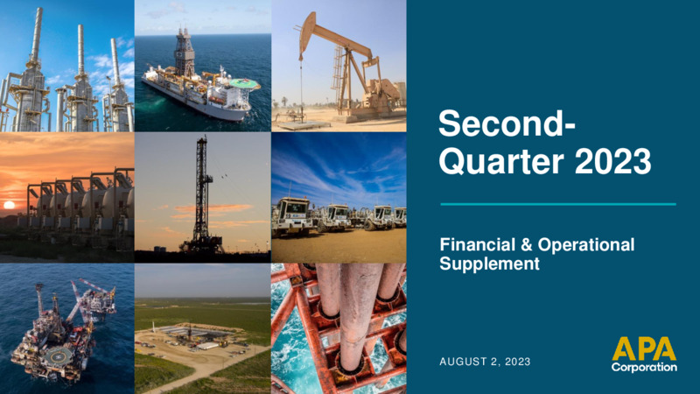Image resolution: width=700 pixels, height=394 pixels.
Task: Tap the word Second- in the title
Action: [507, 123]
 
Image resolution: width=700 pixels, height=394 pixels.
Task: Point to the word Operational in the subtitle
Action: [585, 245]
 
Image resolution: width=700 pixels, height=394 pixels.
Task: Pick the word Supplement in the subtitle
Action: [490, 264]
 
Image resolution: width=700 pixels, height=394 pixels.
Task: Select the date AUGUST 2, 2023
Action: [485, 362]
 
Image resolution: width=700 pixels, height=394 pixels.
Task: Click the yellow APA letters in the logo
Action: [644, 348]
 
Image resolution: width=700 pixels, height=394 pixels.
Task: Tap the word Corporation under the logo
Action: [644, 367]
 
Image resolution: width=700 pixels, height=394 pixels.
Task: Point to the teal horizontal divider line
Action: [558, 204]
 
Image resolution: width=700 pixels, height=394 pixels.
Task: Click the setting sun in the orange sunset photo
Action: [9, 205]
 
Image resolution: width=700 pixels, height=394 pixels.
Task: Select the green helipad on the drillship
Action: [244, 83]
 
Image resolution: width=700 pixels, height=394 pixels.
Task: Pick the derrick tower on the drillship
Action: [184, 52]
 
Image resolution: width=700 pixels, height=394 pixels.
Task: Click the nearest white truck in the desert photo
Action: [293, 216]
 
